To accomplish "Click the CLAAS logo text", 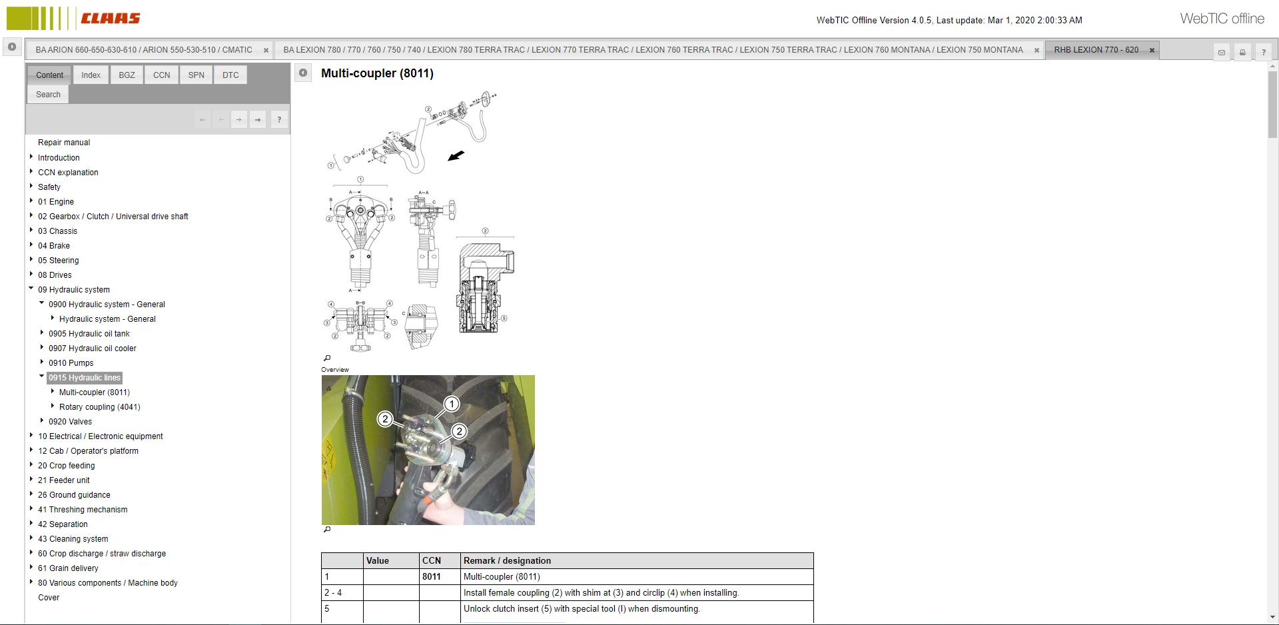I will [110, 18].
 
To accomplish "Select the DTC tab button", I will [230, 75].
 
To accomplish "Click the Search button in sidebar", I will [48, 95].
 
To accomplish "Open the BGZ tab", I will [127, 75].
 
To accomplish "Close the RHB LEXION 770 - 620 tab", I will [1152, 50].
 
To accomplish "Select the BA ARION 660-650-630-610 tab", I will [144, 50].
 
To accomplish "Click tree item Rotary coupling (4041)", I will [99, 407].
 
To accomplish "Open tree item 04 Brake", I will [54, 246].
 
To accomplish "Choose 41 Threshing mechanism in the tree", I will [83, 510].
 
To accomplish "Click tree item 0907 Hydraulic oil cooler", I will [92, 348].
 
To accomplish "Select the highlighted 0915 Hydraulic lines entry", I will [85, 378].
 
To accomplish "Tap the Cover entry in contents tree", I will [49, 598].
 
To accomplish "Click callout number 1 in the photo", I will [452, 404].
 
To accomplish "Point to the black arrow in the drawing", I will [456, 156].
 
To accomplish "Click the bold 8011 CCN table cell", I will [431, 577].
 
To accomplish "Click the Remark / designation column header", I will [507, 561].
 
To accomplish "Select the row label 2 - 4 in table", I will [333, 593].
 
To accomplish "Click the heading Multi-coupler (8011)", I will [377, 73].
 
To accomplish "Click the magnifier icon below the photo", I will [327, 530].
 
